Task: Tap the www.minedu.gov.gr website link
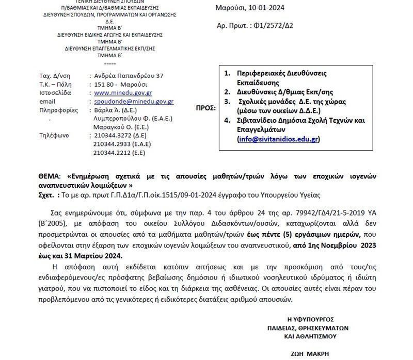[123, 93]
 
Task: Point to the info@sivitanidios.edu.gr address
[278, 139]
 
